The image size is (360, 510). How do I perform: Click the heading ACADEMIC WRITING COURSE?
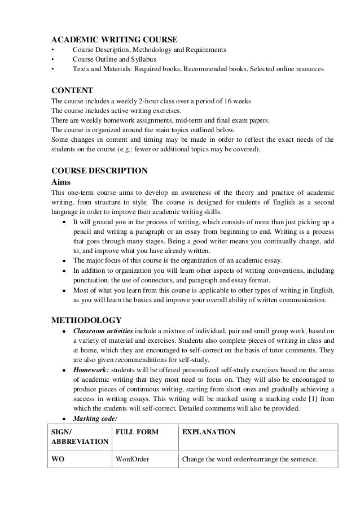[115, 40]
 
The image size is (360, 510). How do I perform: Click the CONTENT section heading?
[72, 90]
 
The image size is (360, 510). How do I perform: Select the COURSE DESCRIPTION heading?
[99, 171]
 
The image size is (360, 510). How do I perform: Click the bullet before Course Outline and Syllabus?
[52, 60]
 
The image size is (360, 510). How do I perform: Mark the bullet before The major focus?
[65, 261]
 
